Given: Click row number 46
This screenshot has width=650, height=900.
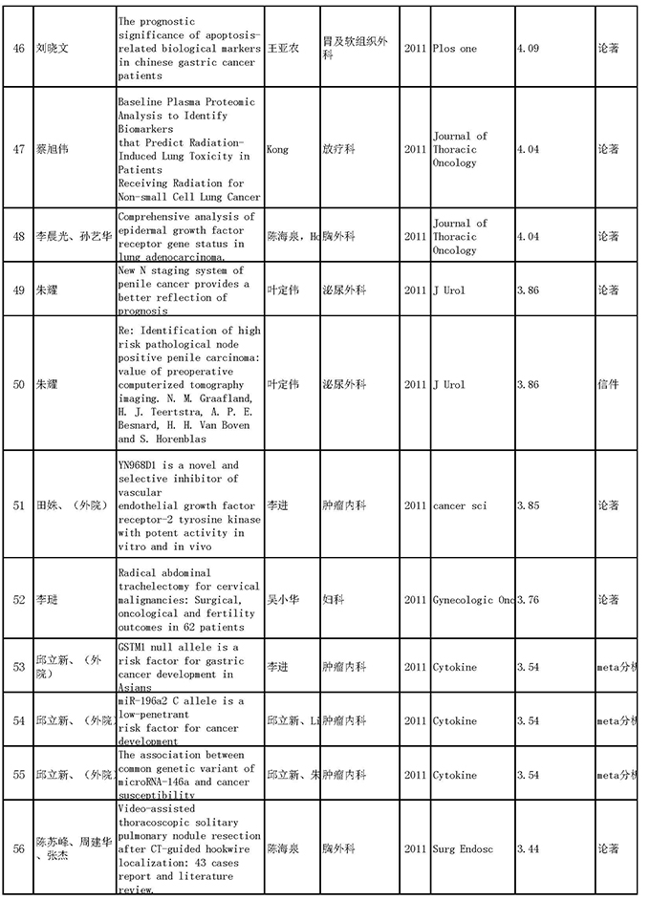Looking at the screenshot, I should tap(19, 48).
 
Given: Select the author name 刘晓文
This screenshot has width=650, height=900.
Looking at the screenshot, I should tap(53, 48).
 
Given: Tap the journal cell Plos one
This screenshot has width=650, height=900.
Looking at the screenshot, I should tap(454, 48).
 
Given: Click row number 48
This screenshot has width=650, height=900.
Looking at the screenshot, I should tap(19, 236).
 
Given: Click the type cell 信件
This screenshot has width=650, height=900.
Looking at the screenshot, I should tap(608, 384).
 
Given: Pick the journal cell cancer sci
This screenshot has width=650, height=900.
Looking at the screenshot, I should tap(460, 505).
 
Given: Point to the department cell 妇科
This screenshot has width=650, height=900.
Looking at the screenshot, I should tap(333, 600).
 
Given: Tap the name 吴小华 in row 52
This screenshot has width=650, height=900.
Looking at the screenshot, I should tap(282, 600).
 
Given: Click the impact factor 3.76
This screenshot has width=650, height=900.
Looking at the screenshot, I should tap(531, 600).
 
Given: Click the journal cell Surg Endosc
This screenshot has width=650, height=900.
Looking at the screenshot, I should tap(464, 847).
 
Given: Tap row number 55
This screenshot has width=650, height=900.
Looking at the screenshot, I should tap(19, 775).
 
